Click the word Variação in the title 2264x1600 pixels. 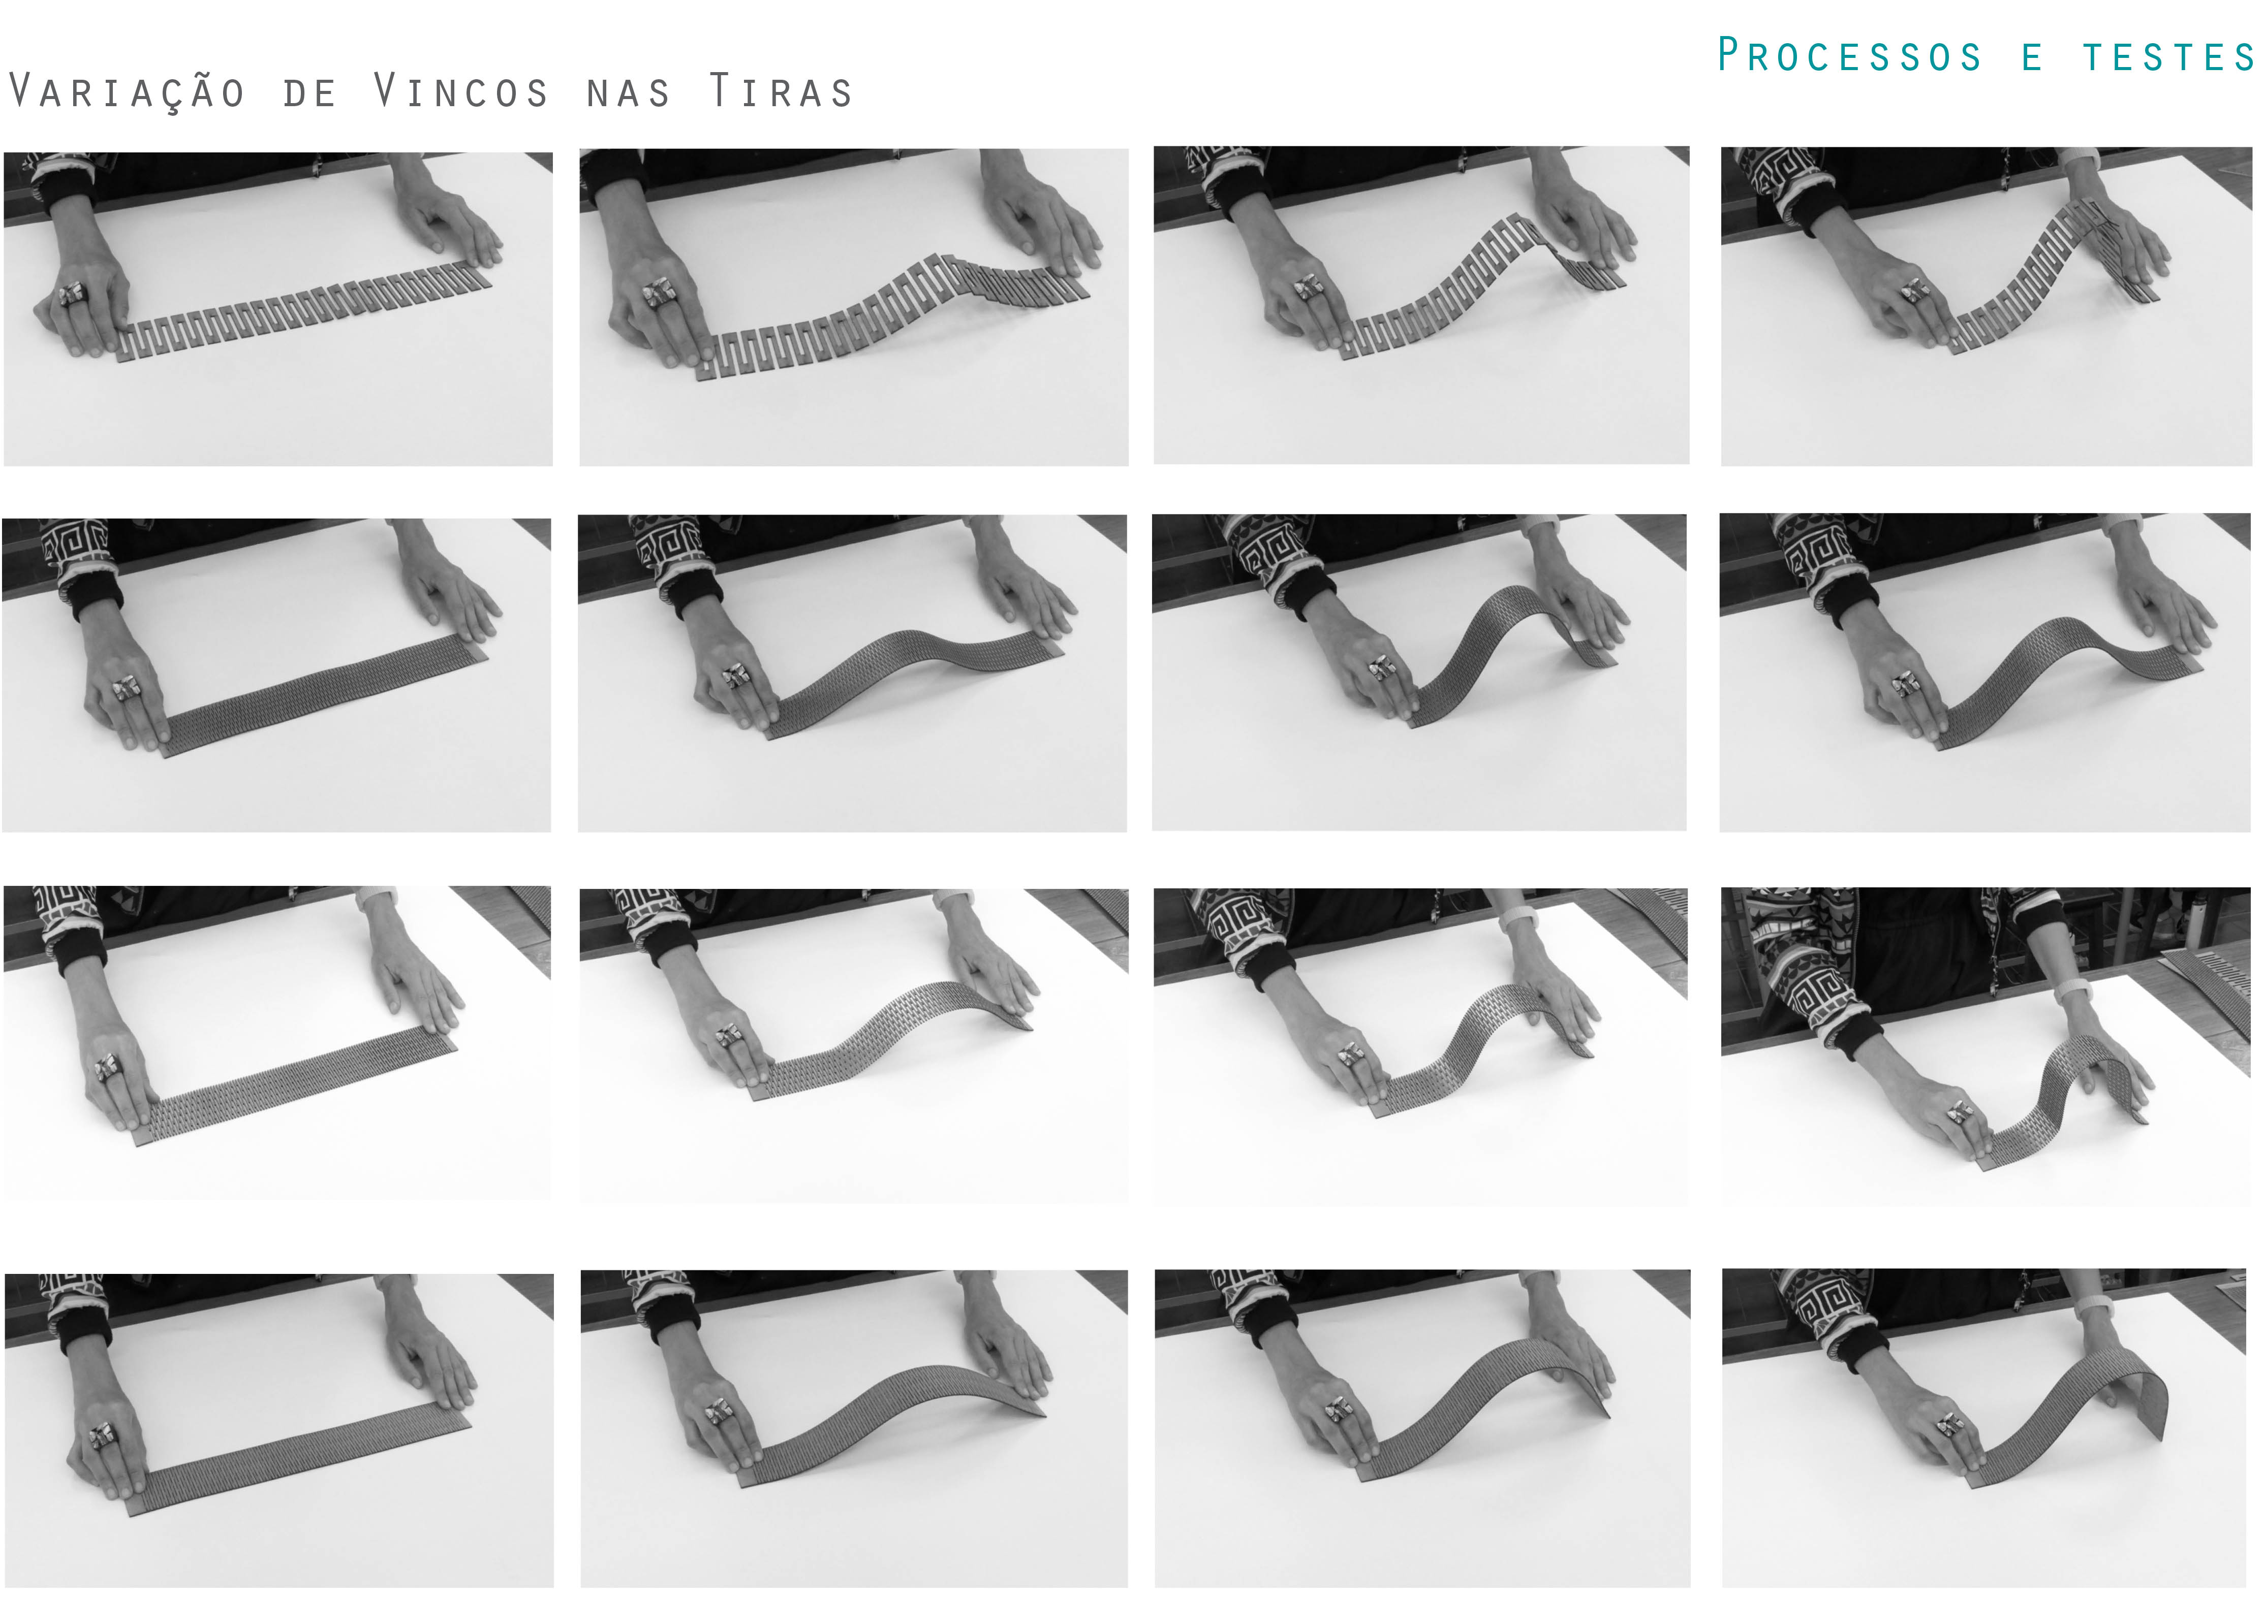[x=126, y=91]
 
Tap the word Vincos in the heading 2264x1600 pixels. [x=460, y=91]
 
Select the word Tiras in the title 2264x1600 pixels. [x=781, y=91]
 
